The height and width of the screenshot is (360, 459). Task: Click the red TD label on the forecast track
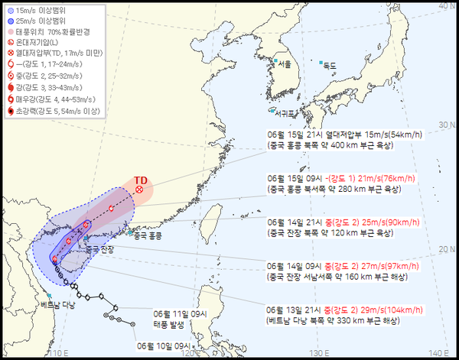point(140,180)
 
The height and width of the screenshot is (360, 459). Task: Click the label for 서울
point(284,63)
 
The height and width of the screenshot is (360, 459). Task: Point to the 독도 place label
point(330,66)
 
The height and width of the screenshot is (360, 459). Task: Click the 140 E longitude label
point(438,352)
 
